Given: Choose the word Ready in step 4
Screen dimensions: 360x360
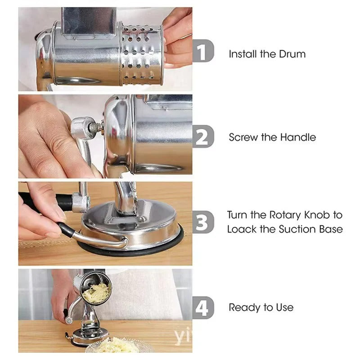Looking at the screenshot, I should pyautogui.click(x=243, y=308).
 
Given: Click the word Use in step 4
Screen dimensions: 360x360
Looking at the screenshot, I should pyautogui.click(x=284, y=308).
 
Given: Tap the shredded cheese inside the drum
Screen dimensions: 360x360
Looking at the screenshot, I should pyautogui.click(x=96, y=292).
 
